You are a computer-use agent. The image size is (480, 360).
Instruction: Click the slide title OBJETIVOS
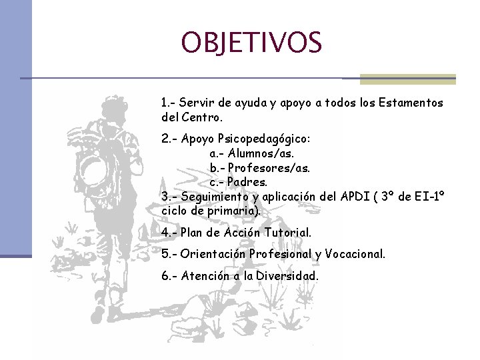251,42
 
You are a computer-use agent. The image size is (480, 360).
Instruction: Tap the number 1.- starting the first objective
168,103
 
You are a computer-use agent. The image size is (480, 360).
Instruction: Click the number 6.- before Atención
168,275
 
